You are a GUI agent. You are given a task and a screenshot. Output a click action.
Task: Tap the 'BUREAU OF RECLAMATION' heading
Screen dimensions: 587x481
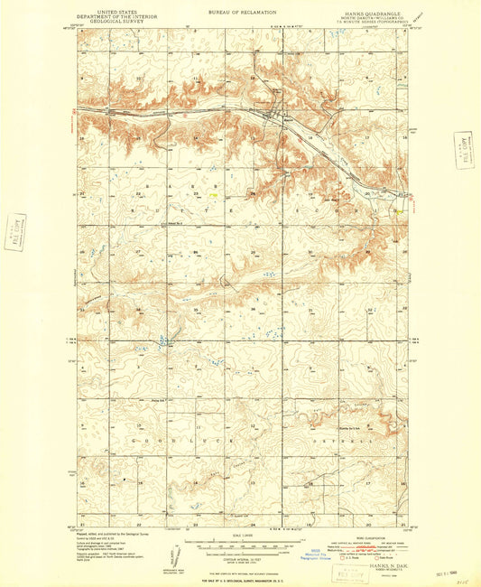[241, 11]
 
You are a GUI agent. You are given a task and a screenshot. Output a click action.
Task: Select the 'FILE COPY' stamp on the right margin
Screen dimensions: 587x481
[464, 150]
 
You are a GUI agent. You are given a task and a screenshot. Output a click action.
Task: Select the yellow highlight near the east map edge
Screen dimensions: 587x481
[397, 210]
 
